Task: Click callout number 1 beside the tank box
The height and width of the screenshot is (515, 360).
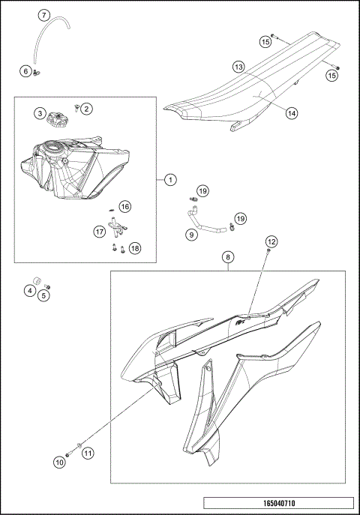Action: tap(170, 180)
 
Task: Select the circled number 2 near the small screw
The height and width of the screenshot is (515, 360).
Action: tap(86, 109)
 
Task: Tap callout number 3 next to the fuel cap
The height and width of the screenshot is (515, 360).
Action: tap(39, 113)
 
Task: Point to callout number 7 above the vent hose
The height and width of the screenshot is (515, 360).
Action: tap(44, 15)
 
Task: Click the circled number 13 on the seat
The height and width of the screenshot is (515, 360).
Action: tap(238, 67)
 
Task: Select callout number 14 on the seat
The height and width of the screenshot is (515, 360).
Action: tap(291, 113)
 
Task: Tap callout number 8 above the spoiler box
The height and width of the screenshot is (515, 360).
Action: tap(227, 258)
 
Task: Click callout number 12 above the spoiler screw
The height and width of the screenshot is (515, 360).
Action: tap(271, 241)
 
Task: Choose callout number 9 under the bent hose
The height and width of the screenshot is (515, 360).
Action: tap(191, 235)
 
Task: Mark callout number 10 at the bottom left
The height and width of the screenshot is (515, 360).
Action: tap(58, 463)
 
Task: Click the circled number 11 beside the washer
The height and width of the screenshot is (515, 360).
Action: tap(88, 453)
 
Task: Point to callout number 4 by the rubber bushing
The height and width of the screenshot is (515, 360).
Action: tap(30, 290)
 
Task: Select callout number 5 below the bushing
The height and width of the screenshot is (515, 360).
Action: tap(44, 295)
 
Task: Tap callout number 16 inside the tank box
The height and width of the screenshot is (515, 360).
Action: tap(124, 206)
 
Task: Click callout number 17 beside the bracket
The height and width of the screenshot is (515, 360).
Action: tap(99, 232)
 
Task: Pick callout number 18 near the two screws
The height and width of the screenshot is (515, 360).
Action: tap(134, 247)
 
